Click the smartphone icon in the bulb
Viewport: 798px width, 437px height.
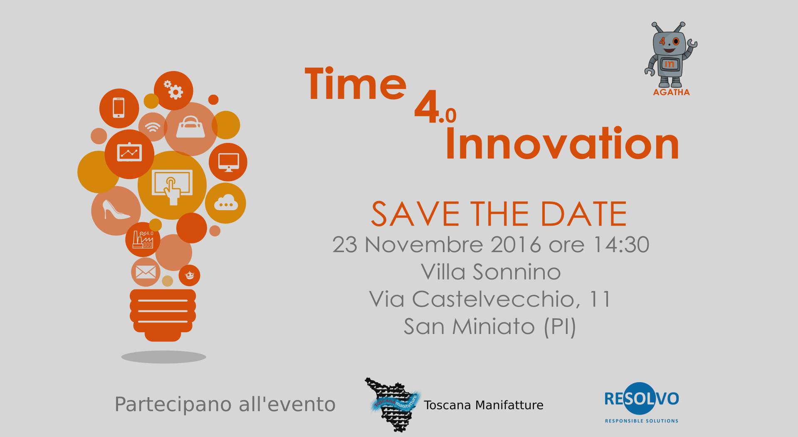pyautogui.click(x=119, y=108)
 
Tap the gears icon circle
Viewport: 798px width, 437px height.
pyautogui.click(x=173, y=91)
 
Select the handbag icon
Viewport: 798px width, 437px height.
pyautogui.click(x=191, y=127)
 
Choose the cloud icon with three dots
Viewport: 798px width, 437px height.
pyautogui.click(x=226, y=202)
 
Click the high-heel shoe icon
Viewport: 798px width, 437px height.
pyautogui.click(x=116, y=209)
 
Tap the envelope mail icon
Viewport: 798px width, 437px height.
pyautogui.click(x=146, y=273)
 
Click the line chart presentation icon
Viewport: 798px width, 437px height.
pyautogui.click(x=130, y=152)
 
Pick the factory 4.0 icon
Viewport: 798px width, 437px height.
pyautogui.click(x=143, y=239)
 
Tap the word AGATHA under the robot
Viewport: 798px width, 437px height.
pyautogui.click(x=671, y=92)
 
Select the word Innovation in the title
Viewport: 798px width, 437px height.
pyautogui.click(x=562, y=143)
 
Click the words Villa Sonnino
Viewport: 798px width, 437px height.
pyautogui.click(x=491, y=272)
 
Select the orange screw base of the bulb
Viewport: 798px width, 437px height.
pyautogui.click(x=163, y=315)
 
